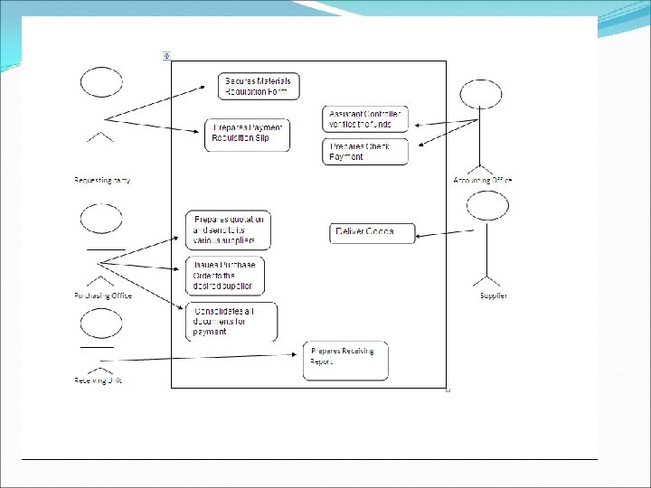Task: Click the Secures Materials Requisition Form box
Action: tap(259, 86)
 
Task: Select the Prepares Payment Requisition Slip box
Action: tap(248, 135)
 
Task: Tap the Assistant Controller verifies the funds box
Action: tap(365, 118)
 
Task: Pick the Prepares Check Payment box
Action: tap(365, 152)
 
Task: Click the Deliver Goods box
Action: tap(373, 232)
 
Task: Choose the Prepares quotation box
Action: tap(228, 230)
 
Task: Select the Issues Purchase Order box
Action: tap(225, 277)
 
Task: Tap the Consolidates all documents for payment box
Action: tap(231, 321)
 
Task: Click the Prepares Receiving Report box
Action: tap(345, 361)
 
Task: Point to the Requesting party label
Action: tap(101, 180)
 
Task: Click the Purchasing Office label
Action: tap(102, 296)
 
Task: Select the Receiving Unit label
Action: tap(98, 380)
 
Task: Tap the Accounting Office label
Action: tap(482, 180)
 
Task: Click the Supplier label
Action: tap(493, 296)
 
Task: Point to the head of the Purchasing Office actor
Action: tap(101, 218)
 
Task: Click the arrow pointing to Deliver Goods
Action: tap(442, 234)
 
